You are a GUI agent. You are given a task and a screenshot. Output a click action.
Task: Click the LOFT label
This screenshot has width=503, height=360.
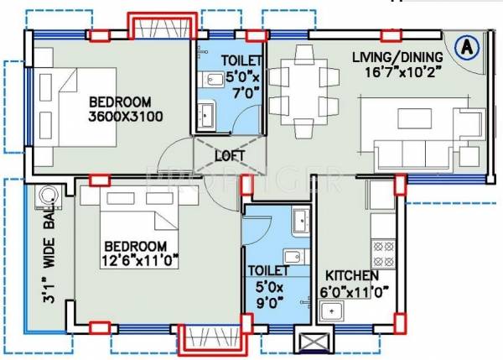230,156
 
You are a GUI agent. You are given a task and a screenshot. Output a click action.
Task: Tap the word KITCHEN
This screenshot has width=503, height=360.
350,275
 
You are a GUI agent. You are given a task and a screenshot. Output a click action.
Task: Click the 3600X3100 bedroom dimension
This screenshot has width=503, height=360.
126,117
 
